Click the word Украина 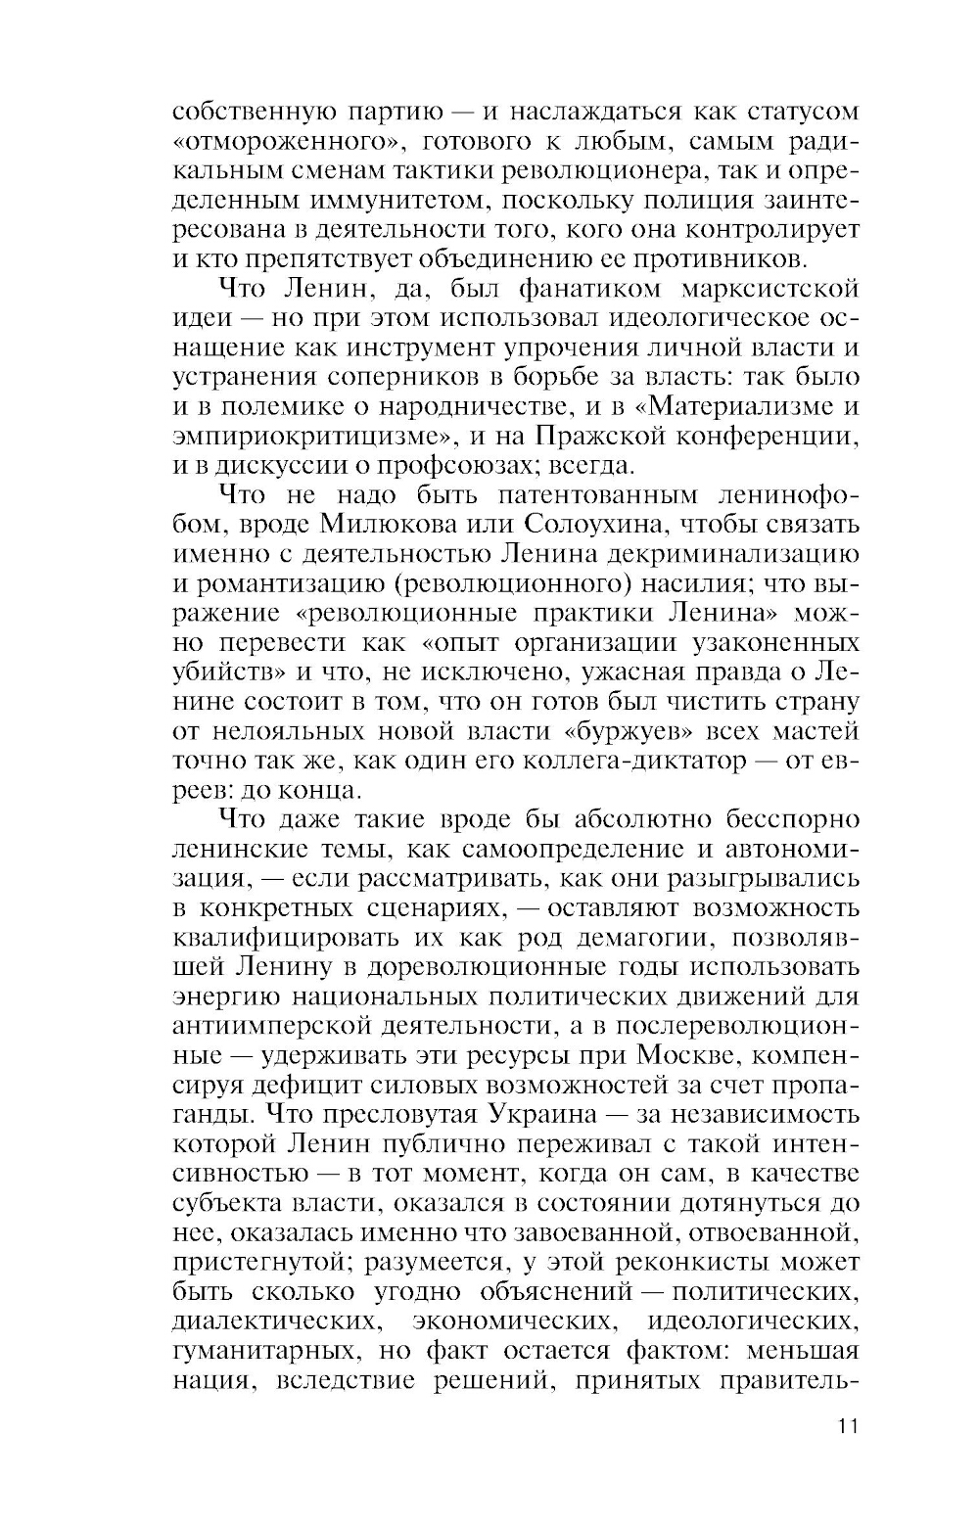pos(553,1114)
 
